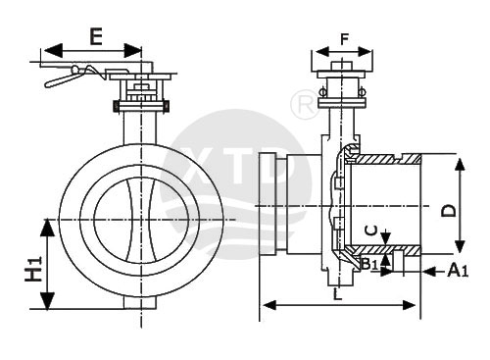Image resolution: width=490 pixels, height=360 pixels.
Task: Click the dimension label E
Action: point(96,36)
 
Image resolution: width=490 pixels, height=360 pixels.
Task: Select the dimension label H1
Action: point(34,269)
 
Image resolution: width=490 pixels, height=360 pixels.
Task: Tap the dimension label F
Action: point(345,39)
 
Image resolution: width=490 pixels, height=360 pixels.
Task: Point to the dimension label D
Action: point(448,210)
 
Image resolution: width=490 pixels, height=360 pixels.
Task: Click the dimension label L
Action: point(337,294)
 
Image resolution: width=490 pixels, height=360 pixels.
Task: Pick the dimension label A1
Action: point(458,271)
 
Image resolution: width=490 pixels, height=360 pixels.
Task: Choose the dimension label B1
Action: point(369,264)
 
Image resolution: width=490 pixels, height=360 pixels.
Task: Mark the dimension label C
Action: point(371,231)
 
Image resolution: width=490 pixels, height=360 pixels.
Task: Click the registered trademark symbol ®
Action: point(305,104)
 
